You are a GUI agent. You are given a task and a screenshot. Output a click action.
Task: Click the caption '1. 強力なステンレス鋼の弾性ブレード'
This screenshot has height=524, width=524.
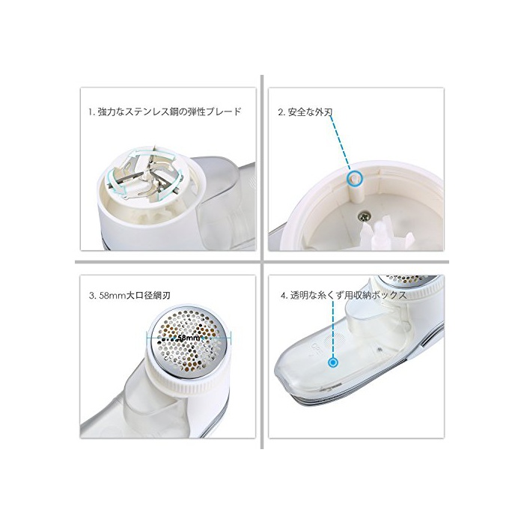(x=165, y=112)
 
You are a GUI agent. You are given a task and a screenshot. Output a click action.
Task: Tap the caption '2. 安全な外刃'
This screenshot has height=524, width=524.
(x=305, y=112)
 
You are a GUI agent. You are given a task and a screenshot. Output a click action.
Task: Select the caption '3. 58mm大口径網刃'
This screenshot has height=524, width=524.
(x=130, y=296)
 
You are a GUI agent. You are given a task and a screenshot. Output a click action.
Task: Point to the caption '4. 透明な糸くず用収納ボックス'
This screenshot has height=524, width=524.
(x=344, y=296)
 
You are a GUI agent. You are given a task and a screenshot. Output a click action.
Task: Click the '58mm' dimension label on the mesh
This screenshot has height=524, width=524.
(x=189, y=338)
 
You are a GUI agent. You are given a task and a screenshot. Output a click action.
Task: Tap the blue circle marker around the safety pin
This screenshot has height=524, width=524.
(x=354, y=177)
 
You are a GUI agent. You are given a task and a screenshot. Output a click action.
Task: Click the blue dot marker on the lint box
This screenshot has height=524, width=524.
(x=333, y=362)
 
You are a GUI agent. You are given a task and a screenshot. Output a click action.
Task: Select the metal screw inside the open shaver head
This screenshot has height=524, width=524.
(x=364, y=217)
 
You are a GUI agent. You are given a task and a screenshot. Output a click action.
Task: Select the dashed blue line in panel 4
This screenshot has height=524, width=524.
(x=333, y=329)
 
